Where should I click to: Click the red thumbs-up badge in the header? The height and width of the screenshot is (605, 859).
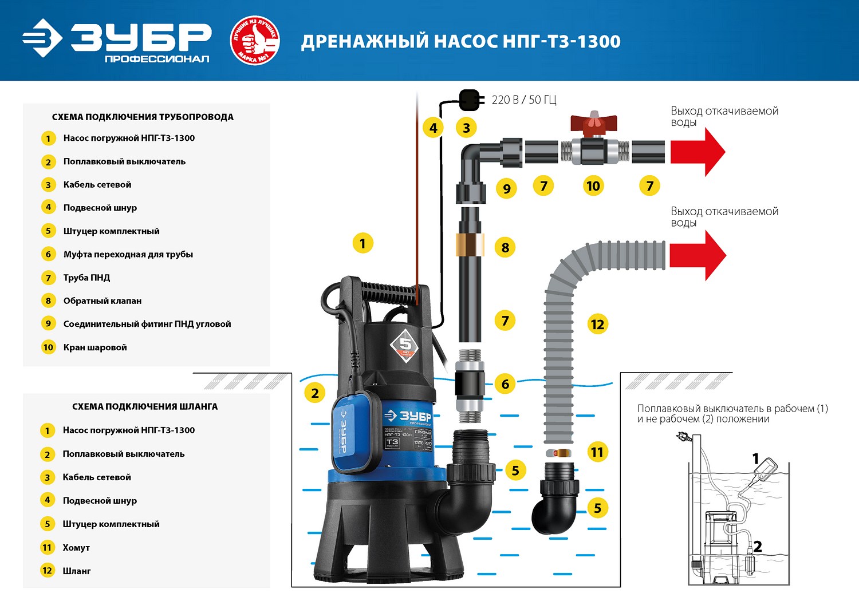254,41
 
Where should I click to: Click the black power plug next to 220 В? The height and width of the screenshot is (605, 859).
470,100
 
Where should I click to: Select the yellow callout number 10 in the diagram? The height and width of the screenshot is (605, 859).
593,185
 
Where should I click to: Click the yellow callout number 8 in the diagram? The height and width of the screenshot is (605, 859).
505,247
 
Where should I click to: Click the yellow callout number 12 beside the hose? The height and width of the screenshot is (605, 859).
597,325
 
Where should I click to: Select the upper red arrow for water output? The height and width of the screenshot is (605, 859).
698,152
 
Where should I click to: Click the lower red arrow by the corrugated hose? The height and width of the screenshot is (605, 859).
698,255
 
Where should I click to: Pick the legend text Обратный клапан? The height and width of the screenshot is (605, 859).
103,301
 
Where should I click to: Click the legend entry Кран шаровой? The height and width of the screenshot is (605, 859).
95,347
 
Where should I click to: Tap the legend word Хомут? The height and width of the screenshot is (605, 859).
76,548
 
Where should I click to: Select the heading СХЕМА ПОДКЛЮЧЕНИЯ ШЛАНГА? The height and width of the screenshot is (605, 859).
145,406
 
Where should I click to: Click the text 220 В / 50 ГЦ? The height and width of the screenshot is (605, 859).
524,100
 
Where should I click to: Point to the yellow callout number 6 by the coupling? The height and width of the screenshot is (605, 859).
505,384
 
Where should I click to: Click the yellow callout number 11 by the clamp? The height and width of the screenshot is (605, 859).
597,452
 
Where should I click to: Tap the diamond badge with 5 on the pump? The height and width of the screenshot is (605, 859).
405,345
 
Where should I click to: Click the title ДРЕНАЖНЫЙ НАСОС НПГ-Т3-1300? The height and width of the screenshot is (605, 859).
461,41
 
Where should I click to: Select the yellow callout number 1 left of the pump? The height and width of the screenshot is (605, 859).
362,243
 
